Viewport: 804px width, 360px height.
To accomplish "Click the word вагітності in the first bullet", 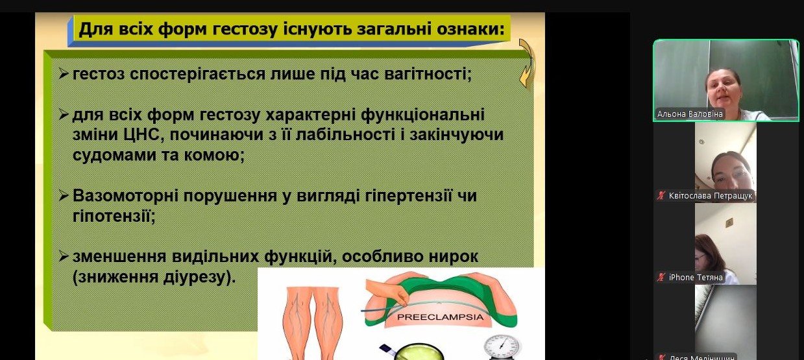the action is (x=428, y=75).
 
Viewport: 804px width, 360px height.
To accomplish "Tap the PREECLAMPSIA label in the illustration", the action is (x=441, y=317).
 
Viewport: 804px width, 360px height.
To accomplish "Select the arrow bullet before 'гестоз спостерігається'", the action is (x=63, y=74).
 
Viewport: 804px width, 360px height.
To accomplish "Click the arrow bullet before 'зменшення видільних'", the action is (x=63, y=256).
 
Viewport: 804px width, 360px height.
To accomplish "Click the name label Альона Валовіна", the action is (x=690, y=114).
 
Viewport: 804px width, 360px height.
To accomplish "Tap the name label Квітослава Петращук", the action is (x=711, y=196).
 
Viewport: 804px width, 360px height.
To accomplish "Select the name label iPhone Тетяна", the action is (x=696, y=278).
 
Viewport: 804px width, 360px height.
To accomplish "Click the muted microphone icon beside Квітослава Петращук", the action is (x=661, y=196).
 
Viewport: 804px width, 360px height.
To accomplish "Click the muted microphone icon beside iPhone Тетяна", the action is (x=661, y=278).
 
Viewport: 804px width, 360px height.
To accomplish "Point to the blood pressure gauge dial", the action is (x=501, y=347).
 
